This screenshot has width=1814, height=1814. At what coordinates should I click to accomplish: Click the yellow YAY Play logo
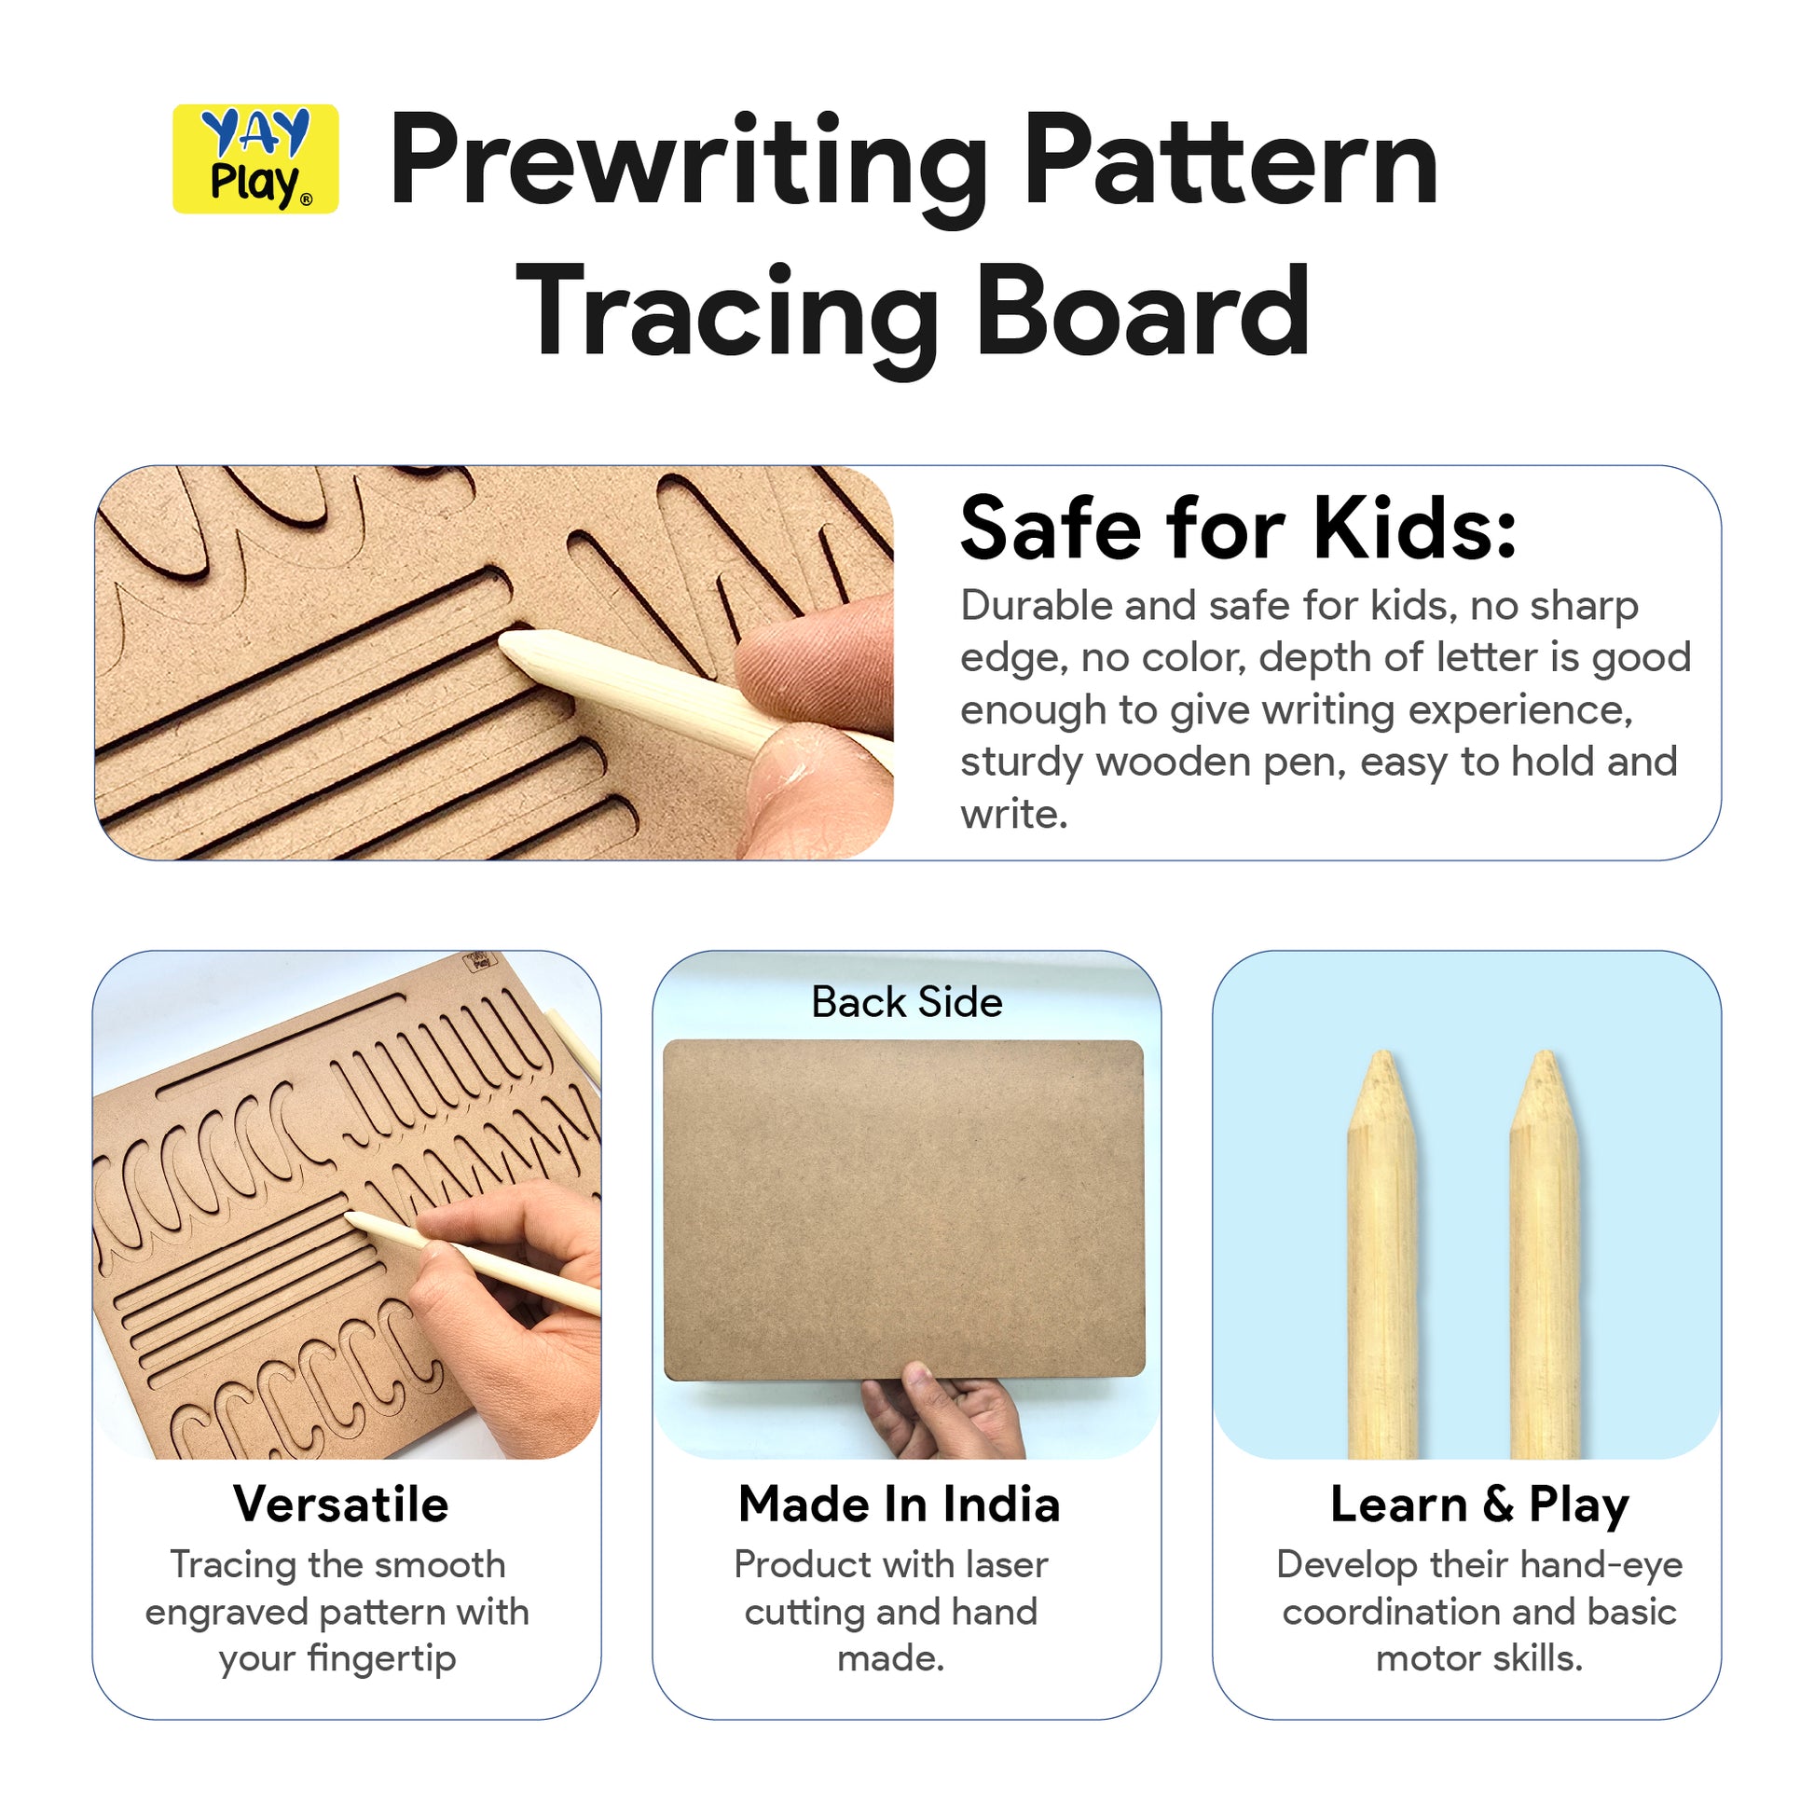coord(255,158)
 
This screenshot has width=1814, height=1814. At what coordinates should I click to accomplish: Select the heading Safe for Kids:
coord(1239,529)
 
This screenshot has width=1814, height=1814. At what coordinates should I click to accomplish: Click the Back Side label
coord(907,1002)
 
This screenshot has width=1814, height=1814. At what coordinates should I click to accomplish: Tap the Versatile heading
coord(342,1505)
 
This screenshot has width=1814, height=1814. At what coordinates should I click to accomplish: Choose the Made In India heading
coord(900,1505)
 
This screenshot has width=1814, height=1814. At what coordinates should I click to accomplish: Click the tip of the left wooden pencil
coord(1382,1053)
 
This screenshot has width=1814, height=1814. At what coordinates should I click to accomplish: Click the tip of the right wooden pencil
coord(1545,1053)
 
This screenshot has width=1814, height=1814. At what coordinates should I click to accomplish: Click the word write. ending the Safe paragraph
coord(1014,814)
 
